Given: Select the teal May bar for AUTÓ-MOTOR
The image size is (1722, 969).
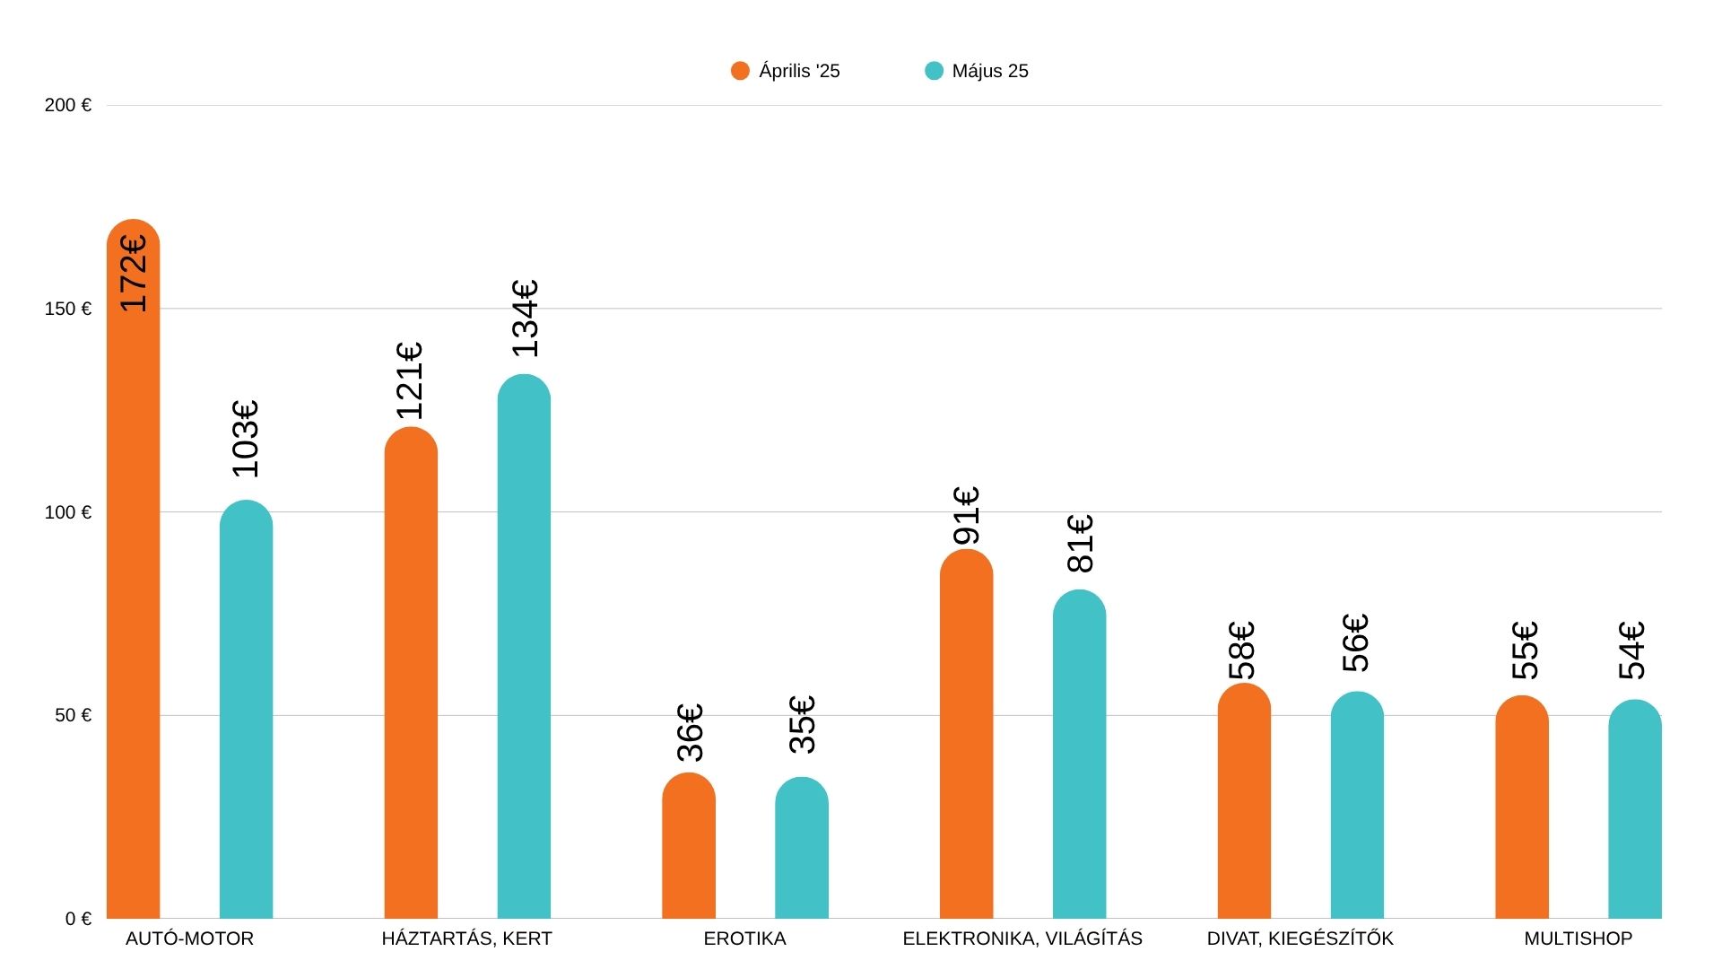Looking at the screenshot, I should (246, 709).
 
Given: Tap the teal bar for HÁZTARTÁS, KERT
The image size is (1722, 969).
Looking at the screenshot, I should (524, 646).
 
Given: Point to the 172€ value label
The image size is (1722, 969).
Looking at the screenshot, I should (134, 273).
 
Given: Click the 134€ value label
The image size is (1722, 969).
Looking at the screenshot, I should (525, 319).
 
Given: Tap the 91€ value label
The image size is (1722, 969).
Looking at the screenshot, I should (966, 516).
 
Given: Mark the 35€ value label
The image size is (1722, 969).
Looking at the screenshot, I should (802, 724).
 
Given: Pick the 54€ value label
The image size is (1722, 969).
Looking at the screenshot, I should (1631, 650).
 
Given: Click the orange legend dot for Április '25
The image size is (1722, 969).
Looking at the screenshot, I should (740, 71).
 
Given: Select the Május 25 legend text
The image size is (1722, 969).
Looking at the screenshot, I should (990, 71).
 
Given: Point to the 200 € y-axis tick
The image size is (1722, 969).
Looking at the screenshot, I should (68, 105).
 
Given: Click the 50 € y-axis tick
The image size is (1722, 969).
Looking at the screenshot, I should (73, 715).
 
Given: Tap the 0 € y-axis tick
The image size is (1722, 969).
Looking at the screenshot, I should (78, 919).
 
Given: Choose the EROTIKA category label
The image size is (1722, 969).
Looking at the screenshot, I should (744, 938).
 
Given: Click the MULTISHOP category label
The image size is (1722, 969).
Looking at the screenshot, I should (1578, 938).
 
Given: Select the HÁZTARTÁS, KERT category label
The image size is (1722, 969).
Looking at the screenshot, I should (466, 938).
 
